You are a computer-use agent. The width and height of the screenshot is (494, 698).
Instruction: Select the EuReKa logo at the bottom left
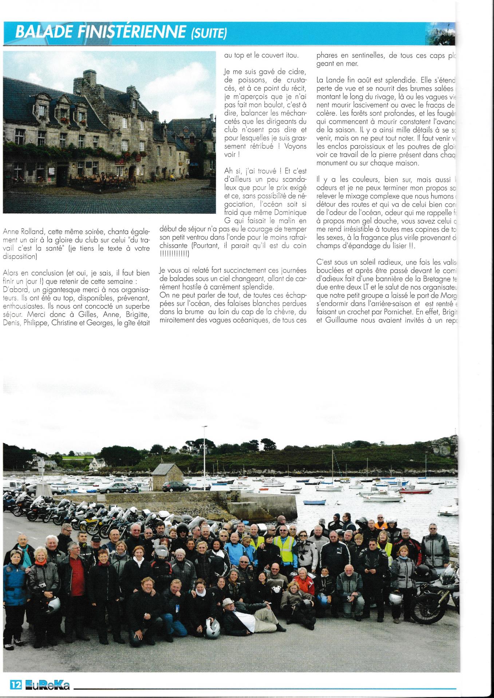click(x=47, y=686)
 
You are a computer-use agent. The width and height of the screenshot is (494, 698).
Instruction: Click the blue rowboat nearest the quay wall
click(x=314, y=502)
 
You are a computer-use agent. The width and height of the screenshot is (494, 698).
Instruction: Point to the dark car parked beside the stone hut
click(x=176, y=486)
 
